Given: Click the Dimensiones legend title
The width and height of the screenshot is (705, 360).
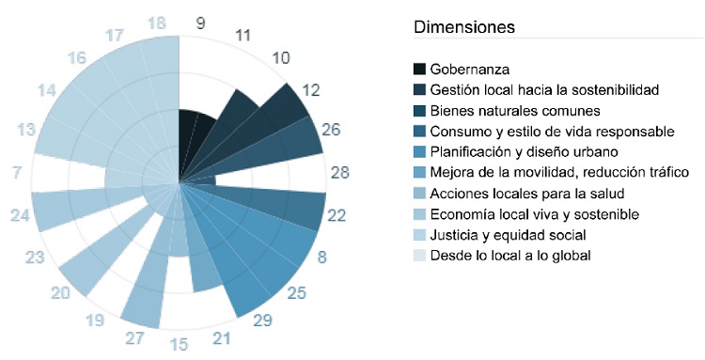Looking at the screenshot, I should pos(464,27).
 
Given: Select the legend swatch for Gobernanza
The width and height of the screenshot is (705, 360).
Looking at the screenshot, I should pos(420,70).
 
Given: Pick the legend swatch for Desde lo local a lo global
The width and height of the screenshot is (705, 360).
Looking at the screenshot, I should pos(420,256).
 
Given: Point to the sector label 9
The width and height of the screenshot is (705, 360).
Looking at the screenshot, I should pos(201,23).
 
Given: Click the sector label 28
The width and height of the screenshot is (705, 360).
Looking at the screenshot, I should pos(339,172).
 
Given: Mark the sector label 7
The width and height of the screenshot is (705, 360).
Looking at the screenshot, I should pos(18,172).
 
